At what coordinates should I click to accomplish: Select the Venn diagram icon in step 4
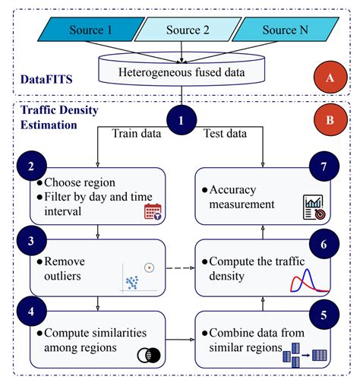pos(144,355)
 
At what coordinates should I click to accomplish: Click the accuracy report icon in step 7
pos(313,206)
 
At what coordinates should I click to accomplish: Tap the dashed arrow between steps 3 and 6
pos(180,267)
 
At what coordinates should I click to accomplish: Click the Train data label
pos(136,134)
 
